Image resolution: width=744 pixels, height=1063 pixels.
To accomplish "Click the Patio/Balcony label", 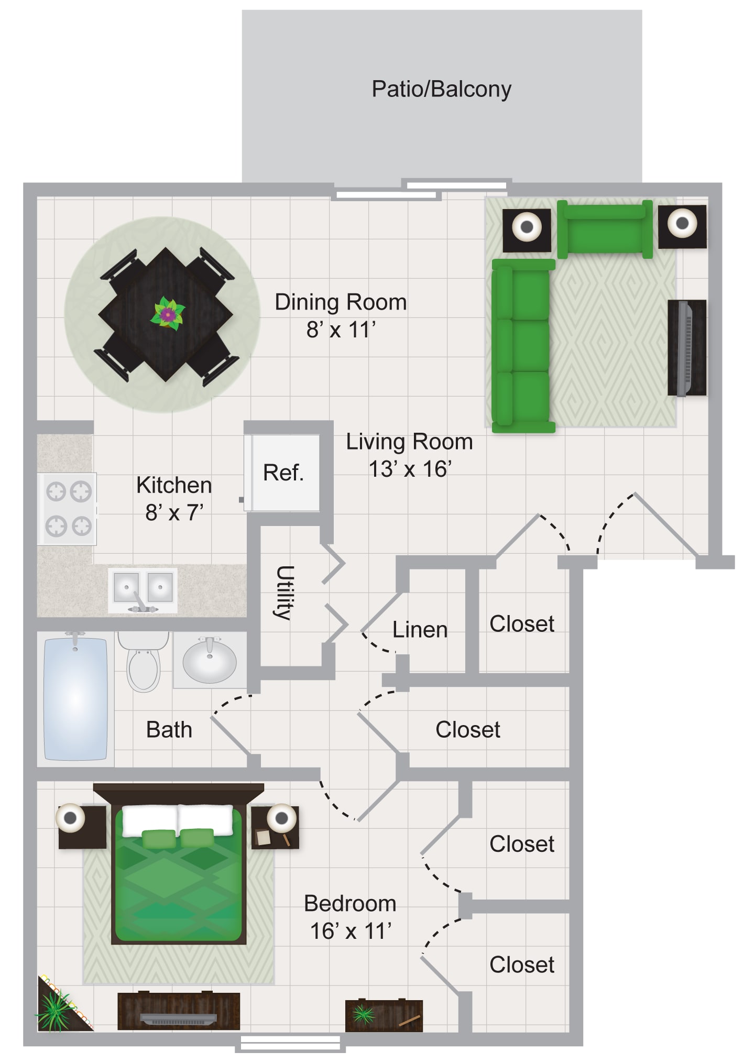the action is pos(441,90).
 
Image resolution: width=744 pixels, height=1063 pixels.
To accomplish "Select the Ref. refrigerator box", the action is pos(283,473).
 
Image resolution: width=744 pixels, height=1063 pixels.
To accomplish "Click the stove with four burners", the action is pos(67,509).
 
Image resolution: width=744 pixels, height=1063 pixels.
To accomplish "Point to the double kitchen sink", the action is pos(143,590).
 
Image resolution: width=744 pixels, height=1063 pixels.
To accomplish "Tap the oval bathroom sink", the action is pos(210,660).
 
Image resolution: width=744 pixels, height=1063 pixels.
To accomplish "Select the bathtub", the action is pos(76,698).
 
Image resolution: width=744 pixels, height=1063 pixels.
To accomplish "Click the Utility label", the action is pos(285,593).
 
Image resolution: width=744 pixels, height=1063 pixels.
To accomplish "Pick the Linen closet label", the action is pos(420,630).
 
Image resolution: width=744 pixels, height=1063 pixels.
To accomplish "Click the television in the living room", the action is pos(686,348).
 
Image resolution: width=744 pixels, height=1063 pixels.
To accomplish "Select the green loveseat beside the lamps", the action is pos(605,229).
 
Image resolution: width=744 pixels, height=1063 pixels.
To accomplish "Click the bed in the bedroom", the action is pos(179,864).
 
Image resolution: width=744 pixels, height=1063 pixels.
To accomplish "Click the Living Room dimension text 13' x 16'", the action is pos(410,469).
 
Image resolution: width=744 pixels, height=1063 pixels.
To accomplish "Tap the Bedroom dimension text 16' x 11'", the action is pos(351,932).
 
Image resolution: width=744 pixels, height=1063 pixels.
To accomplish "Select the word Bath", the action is pos(169,730).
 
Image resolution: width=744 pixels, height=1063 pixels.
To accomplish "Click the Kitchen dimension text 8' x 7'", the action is pos(174,513).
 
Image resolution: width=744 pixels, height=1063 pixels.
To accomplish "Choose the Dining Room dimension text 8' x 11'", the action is pos(341,330).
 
